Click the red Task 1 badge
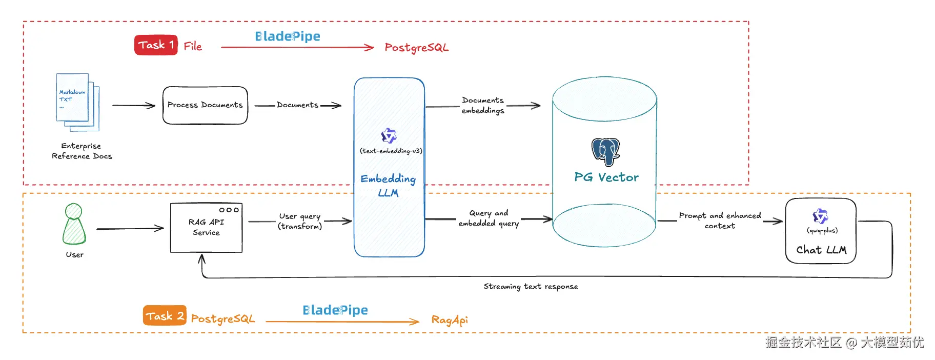[x=156, y=45]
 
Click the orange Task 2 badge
[x=164, y=316]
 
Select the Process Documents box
[x=205, y=105]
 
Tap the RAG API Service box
[x=206, y=228]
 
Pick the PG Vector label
[x=606, y=177]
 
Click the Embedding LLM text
[x=388, y=185]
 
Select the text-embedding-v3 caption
[x=391, y=151]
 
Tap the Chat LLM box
[x=821, y=231]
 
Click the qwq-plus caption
[x=822, y=230]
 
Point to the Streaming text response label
[x=531, y=287]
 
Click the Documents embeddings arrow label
[x=483, y=105]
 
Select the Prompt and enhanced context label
[x=720, y=221]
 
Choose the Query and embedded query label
[x=489, y=218]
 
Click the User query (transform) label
[x=300, y=221]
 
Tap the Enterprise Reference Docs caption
[x=82, y=151]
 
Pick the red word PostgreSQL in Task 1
[x=416, y=48]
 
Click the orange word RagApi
[x=450, y=320]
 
